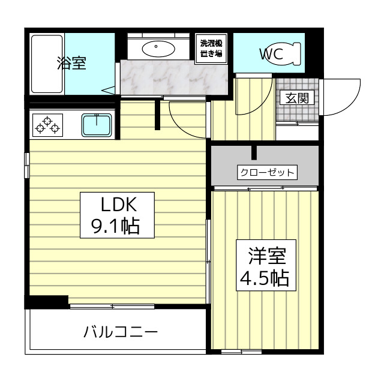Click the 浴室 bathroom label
[x=71, y=63]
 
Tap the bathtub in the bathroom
[x=47, y=64]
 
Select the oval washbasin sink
[x=158, y=49]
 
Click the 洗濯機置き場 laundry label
[x=211, y=49]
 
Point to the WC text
[x=271, y=54]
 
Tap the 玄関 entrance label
[x=297, y=98]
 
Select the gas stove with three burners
[x=47, y=125]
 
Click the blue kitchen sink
[x=97, y=125]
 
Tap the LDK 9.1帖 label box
[x=117, y=215]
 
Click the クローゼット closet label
[x=267, y=172]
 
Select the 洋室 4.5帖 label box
[x=266, y=265]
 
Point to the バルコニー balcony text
[x=121, y=332]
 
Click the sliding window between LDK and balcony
[x=112, y=306]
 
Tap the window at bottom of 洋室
[x=241, y=352]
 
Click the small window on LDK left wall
[x=26, y=166]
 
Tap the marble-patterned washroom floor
[x=175, y=77]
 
